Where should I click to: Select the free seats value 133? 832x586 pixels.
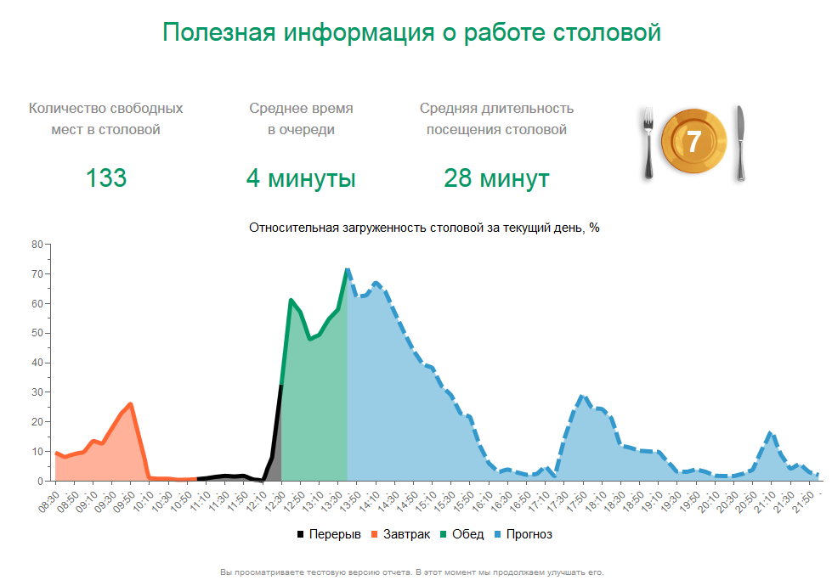(x=106, y=178)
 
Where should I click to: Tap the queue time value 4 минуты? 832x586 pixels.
(x=301, y=178)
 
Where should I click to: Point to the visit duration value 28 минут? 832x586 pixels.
(x=496, y=178)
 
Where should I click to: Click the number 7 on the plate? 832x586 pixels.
(x=694, y=142)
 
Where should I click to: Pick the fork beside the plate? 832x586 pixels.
(x=648, y=143)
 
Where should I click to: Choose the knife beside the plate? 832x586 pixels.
(x=740, y=143)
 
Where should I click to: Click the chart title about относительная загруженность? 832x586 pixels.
(x=424, y=228)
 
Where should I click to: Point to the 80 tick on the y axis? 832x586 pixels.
(x=37, y=245)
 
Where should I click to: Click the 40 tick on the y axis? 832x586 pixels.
(x=37, y=363)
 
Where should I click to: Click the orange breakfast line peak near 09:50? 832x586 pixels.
(x=130, y=404)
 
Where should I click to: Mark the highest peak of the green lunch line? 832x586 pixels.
(x=347, y=269)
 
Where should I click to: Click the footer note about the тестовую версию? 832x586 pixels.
(x=411, y=572)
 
